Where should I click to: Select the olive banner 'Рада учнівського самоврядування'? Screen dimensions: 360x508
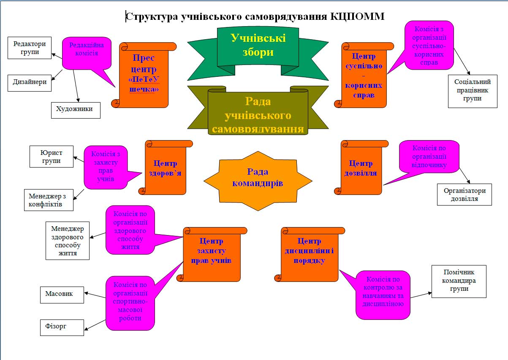258,114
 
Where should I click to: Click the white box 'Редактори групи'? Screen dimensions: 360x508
30,48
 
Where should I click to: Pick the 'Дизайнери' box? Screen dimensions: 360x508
30,82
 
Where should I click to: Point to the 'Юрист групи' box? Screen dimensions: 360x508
51,156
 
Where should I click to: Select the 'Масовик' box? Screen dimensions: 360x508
62,294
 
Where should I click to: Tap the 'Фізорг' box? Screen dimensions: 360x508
62,327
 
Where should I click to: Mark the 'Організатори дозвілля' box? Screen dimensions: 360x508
464,194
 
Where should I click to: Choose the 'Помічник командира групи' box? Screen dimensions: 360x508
459,281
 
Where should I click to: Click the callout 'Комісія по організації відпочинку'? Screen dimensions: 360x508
429,156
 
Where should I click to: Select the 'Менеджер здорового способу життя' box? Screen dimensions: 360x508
68,240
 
